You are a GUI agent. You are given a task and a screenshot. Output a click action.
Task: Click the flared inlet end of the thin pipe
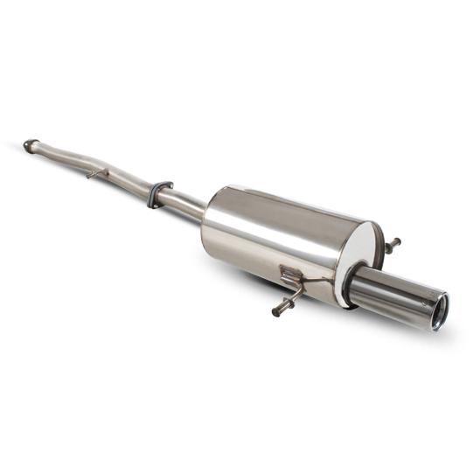point(30,144)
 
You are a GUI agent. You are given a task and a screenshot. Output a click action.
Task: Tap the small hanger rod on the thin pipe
point(94,174)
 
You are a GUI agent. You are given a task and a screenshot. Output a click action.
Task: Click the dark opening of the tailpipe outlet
point(440,312)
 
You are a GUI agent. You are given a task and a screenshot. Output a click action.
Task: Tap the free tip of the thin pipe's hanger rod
point(88,177)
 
